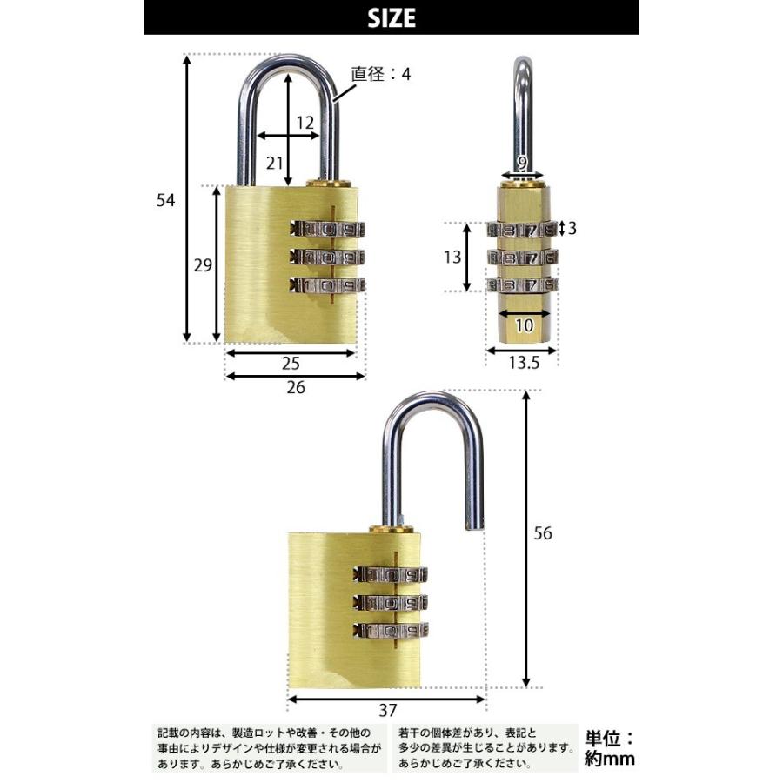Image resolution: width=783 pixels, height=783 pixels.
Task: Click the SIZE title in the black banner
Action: point(391,17)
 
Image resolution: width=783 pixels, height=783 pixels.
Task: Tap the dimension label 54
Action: point(166,200)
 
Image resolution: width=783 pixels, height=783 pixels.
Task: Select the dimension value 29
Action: point(203,265)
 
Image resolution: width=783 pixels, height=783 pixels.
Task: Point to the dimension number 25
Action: point(291,363)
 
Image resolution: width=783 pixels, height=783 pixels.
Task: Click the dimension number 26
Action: point(296,388)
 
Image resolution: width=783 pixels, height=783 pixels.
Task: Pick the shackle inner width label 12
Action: point(304,124)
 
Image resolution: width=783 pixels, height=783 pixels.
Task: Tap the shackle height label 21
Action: point(276,162)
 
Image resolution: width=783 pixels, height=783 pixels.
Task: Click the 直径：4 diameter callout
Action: point(380,74)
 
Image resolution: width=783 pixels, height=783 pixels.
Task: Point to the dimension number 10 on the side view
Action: point(524,325)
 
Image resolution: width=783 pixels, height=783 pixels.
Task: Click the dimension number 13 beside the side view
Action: point(452,258)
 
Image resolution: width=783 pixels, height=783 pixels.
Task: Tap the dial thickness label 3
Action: point(572,228)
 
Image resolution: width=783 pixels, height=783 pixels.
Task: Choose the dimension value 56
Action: point(543,533)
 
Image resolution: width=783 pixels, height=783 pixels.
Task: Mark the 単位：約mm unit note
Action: point(611,748)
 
